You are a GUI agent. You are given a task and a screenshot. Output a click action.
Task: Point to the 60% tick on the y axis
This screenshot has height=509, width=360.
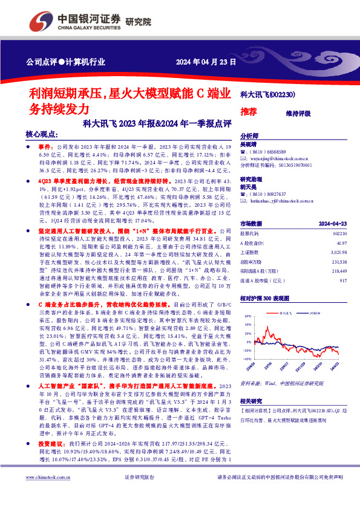[247, 316]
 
